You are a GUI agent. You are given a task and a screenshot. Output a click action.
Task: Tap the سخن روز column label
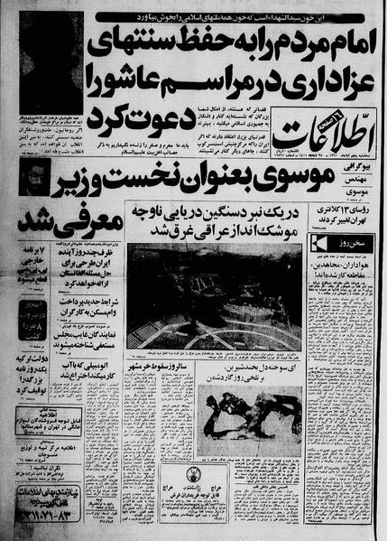(x=341, y=246)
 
